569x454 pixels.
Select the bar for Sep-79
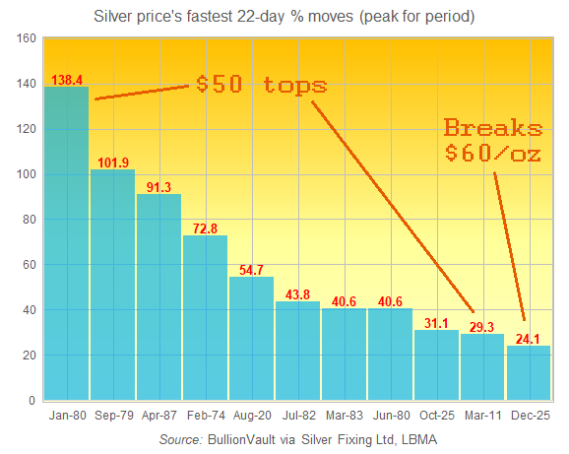112,286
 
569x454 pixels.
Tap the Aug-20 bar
251,339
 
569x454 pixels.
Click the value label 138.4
66,78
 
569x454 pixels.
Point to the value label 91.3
158,186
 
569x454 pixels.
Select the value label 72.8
205,227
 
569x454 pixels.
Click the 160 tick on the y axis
27,38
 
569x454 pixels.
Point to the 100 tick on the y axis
27,174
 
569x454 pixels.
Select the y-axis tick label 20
30,356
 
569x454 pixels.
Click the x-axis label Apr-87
158,417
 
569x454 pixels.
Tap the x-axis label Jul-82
297,417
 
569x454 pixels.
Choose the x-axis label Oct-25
436,417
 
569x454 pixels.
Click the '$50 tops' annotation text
261,84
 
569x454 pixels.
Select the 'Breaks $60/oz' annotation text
492,141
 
